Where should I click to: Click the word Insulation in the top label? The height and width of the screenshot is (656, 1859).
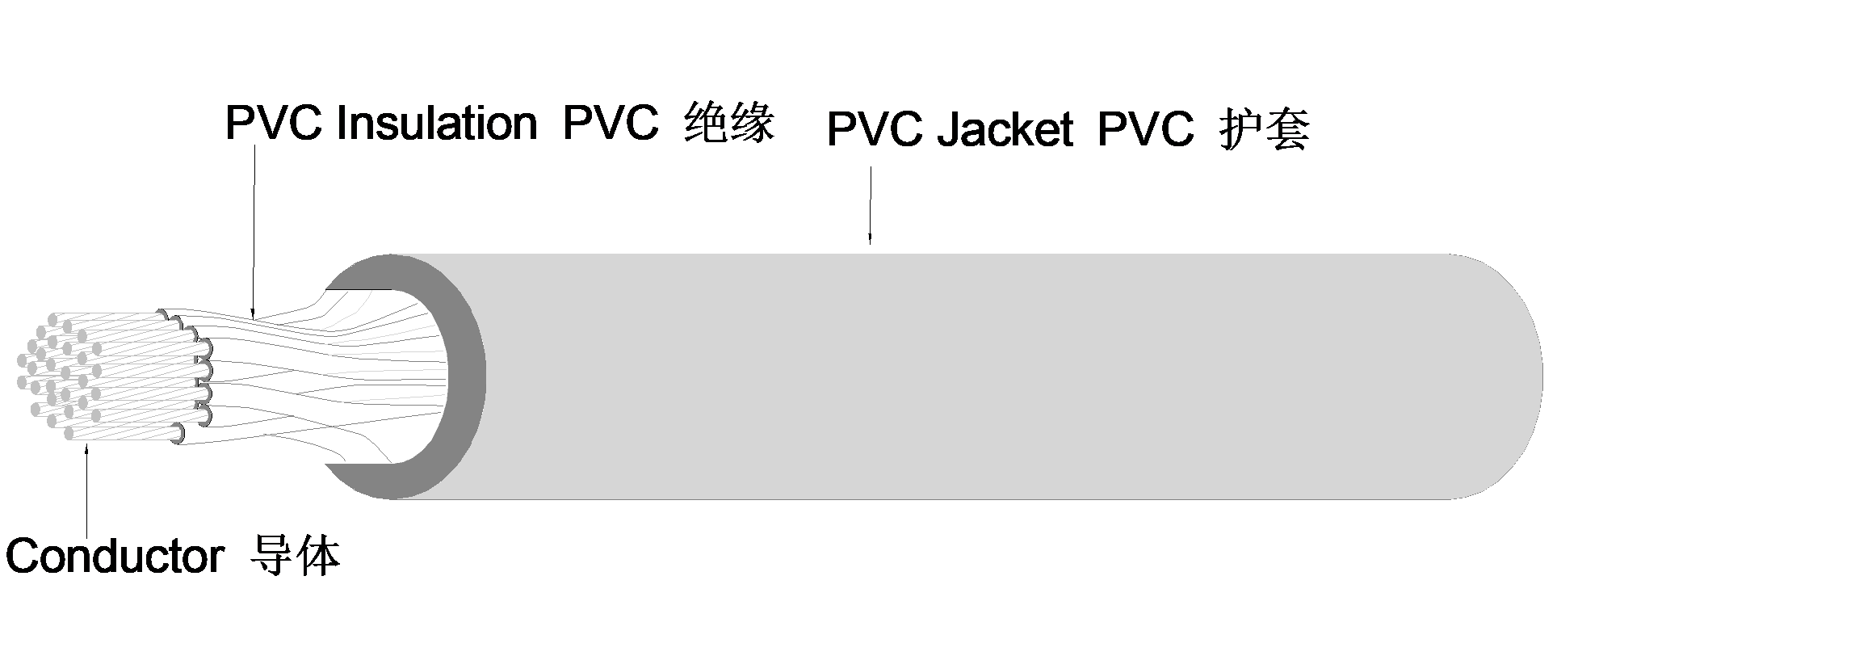pyautogui.click(x=436, y=124)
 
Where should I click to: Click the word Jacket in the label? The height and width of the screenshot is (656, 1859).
pyautogui.click(x=1005, y=129)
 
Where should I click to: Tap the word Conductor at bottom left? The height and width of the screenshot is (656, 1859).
pyautogui.click(x=114, y=557)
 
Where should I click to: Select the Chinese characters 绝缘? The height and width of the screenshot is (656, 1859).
pyautogui.click(x=729, y=124)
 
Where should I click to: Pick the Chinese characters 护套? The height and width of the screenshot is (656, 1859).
pyautogui.click(x=1264, y=129)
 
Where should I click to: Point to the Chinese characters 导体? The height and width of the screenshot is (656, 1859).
pyautogui.click(x=296, y=557)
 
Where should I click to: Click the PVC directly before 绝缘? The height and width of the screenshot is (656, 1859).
pyautogui.click(x=611, y=124)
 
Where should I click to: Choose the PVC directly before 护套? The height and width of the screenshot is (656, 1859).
pyautogui.click(x=1146, y=129)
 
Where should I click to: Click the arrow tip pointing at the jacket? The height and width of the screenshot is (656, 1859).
pyautogui.click(x=870, y=242)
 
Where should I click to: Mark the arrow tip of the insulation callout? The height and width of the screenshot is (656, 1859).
pyautogui.click(x=252, y=316)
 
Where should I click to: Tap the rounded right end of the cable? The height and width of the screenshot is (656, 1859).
pyautogui.click(x=1510, y=376)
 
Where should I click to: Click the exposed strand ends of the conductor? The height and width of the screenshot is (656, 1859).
pyautogui.click(x=57, y=376)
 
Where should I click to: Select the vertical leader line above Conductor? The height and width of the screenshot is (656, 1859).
pyautogui.click(x=86, y=493)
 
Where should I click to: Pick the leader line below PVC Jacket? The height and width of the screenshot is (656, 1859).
pyautogui.click(x=870, y=202)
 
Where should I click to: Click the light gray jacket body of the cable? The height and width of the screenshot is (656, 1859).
pyautogui.click(x=969, y=376)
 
